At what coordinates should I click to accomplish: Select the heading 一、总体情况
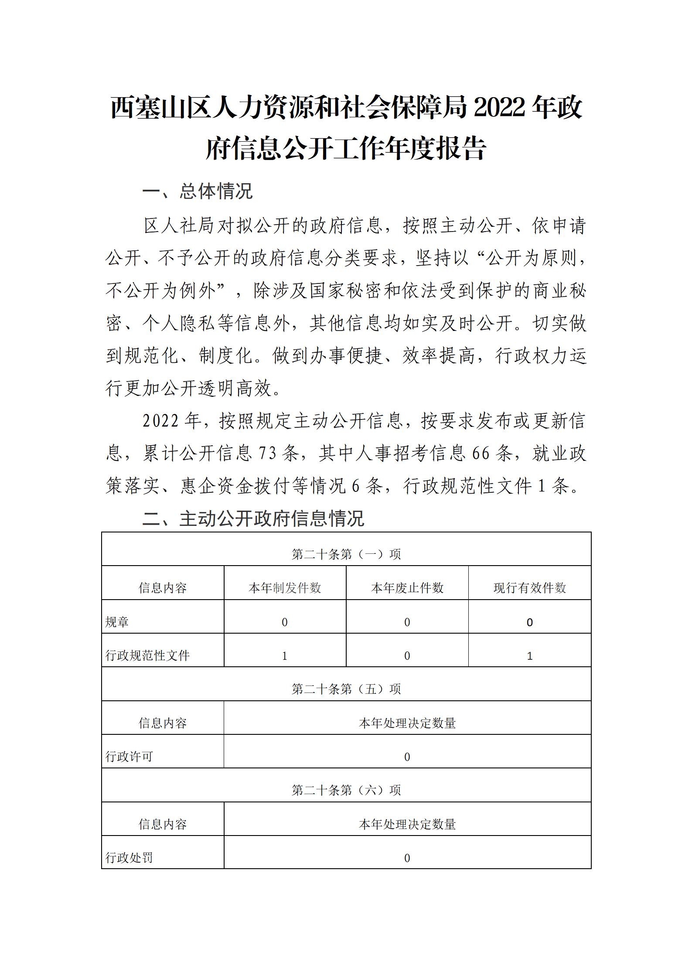click(198, 191)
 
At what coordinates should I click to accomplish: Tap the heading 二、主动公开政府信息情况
click(253, 518)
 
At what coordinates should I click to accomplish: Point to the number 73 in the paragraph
click(267, 454)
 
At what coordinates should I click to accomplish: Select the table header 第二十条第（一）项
click(346, 554)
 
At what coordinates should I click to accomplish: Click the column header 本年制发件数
click(285, 588)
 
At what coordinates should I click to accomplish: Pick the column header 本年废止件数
click(407, 588)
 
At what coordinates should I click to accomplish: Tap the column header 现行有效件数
click(530, 588)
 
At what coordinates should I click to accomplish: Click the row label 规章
click(117, 622)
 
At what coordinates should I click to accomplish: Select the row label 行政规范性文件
click(147, 655)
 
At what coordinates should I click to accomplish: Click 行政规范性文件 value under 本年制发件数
click(285, 656)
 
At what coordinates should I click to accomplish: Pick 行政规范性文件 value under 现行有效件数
click(530, 656)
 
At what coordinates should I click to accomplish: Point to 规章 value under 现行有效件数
click(530, 622)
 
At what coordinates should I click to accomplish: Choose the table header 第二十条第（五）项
click(346, 689)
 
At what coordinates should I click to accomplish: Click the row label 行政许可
click(129, 757)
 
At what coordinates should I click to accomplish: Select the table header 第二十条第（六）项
click(346, 790)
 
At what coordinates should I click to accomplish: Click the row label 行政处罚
click(129, 858)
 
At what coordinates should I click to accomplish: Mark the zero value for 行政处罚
click(407, 858)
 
